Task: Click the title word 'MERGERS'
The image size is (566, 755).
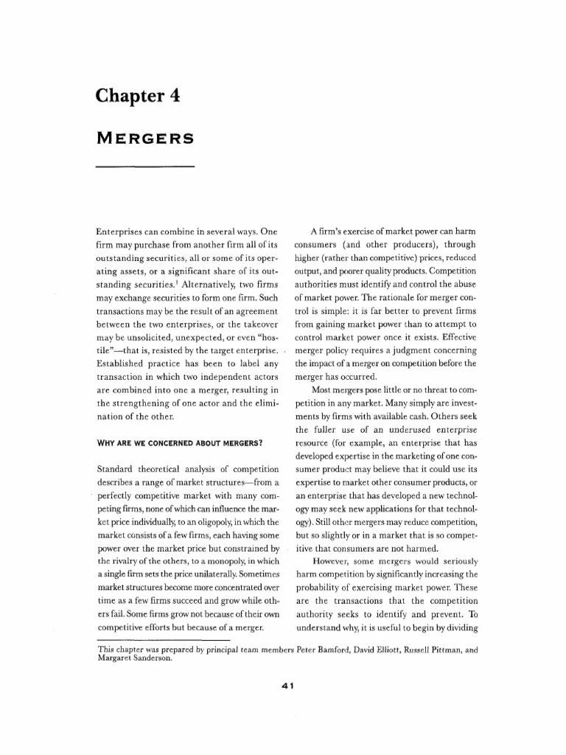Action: click(144, 138)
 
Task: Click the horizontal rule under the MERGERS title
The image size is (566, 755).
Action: click(145, 167)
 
